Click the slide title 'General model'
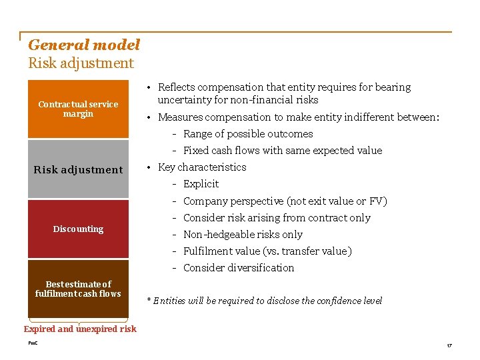point(84,45)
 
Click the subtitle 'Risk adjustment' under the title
point(81,64)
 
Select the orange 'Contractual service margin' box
point(78,109)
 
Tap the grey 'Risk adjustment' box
point(78,169)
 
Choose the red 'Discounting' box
point(78,229)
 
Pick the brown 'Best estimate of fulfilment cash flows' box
point(78,289)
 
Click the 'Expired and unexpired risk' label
point(80,329)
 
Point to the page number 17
point(449,345)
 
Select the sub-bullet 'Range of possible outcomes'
point(247,134)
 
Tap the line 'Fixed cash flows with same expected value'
point(282,151)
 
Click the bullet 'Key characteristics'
point(201,167)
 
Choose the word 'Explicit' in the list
point(201,184)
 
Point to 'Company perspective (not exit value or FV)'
point(285,201)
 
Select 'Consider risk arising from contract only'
point(276,218)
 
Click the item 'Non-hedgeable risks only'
point(243,235)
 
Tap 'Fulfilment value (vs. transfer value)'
point(267,251)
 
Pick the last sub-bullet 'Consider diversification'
point(238,268)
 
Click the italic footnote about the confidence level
point(264,301)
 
